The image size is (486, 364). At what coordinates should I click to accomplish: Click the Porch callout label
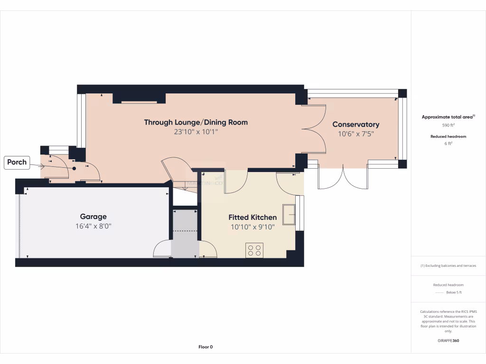pyautogui.click(x=17, y=162)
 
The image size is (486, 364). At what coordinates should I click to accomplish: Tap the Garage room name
pyautogui.click(x=93, y=217)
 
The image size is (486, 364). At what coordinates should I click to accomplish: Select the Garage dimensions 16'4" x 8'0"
pyautogui.click(x=93, y=226)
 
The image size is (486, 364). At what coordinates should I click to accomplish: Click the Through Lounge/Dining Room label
pyautogui.click(x=196, y=122)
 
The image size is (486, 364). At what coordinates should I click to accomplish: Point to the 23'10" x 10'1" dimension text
pyautogui.click(x=196, y=132)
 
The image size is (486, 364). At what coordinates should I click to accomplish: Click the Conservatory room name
pyautogui.click(x=355, y=124)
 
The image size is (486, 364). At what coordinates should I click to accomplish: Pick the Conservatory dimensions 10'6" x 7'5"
pyautogui.click(x=355, y=134)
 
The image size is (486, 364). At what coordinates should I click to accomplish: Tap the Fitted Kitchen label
pyautogui.click(x=252, y=218)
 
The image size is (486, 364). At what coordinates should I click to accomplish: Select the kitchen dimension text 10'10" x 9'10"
pyautogui.click(x=252, y=227)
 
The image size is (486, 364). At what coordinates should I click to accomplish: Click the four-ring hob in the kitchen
pyautogui.click(x=254, y=250)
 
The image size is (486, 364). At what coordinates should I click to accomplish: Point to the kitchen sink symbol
pyautogui.click(x=288, y=214)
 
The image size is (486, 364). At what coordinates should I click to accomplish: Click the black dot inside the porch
pyautogui.click(x=74, y=168)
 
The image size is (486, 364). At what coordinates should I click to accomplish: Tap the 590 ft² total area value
pyautogui.click(x=448, y=125)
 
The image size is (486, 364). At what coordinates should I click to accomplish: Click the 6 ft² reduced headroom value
pyautogui.click(x=448, y=144)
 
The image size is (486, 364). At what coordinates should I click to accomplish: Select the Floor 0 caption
pyautogui.click(x=206, y=347)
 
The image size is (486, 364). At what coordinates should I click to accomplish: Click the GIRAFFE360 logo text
pyautogui.click(x=448, y=340)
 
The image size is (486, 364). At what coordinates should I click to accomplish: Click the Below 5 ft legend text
pyautogui.click(x=454, y=292)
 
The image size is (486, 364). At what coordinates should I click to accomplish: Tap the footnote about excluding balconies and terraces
pyautogui.click(x=448, y=266)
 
